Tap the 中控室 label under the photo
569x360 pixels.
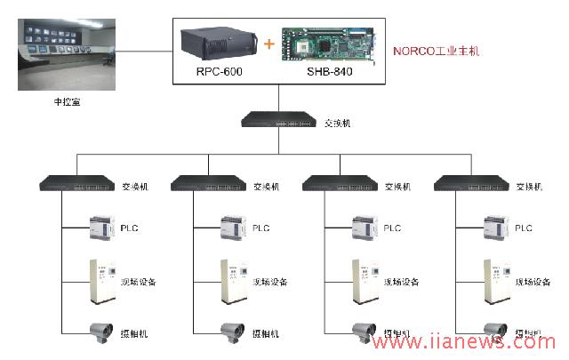click(x=68, y=102)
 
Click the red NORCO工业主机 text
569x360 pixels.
click(x=436, y=52)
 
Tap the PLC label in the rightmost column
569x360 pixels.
click(x=525, y=228)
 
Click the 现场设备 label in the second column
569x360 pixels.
click(x=270, y=283)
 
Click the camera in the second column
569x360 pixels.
click(x=233, y=330)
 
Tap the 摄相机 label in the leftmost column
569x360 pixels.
click(x=134, y=334)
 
